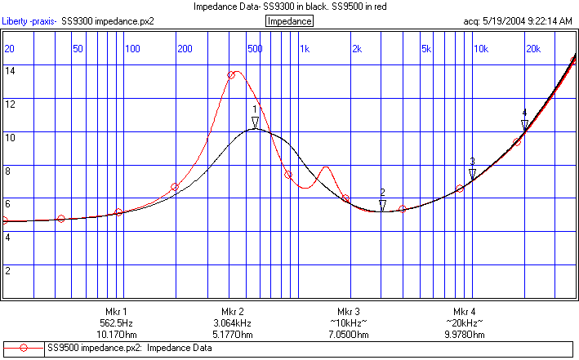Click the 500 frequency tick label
point(255,49)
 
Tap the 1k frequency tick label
point(305,49)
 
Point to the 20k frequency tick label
point(532,49)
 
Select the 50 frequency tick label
point(78,49)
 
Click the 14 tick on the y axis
point(10,71)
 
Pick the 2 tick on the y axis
point(8,270)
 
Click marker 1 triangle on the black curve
point(255,123)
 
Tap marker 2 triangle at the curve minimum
point(382,205)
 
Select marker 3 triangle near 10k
point(472,174)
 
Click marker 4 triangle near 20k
point(525,125)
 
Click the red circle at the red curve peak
point(231,75)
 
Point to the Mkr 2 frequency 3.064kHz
point(233,323)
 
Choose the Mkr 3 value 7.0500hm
point(349,335)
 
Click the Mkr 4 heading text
point(465,312)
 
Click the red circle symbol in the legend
point(24,349)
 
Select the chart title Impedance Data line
point(290,7)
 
